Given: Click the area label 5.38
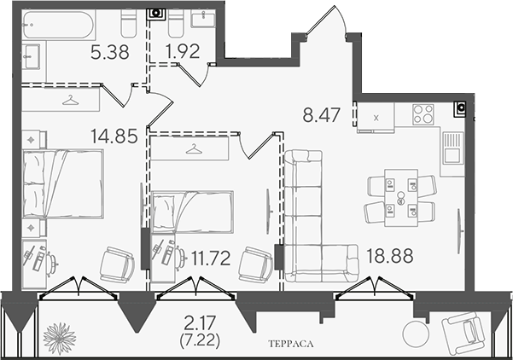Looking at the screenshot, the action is pos(110,52).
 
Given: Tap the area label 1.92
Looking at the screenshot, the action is pos(183,52).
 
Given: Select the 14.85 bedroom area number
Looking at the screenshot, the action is pos(114,136).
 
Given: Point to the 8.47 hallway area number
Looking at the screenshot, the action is pos(322,115).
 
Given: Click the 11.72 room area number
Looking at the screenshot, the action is pos(211,258).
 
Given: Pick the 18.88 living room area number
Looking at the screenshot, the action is pos(389,256).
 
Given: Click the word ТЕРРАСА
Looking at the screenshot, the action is pos(291,344).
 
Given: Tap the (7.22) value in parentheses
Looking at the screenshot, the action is pos(200,341).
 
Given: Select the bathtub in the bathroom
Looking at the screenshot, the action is pos(59,25).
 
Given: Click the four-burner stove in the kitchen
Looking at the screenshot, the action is pos(423,114).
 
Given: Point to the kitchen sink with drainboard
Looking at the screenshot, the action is pos(453,148).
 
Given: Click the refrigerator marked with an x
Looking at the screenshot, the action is pos(376,118).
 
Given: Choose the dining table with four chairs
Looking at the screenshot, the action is pos(401,198).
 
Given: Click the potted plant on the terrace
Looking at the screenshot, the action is pos(60,339).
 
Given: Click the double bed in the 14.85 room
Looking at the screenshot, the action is pos(63,183).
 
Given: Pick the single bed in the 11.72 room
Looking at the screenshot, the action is pos(193,212).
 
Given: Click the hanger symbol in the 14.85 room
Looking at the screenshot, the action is pos(70,100).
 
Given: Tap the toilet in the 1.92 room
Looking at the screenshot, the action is pos(176,24).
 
